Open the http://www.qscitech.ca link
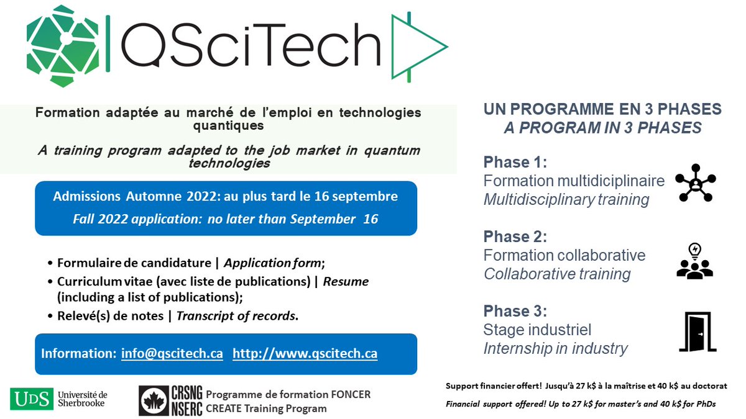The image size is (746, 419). pyautogui.click(x=305, y=354)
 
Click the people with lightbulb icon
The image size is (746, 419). pyautogui.click(x=696, y=261)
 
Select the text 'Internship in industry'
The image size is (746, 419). pyautogui.click(x=555, y=348)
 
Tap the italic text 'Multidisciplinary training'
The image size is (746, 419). pyautogui.click(x=566, y=200)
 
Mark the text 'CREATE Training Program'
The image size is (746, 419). pyautogui.click(x=265, y=408)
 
